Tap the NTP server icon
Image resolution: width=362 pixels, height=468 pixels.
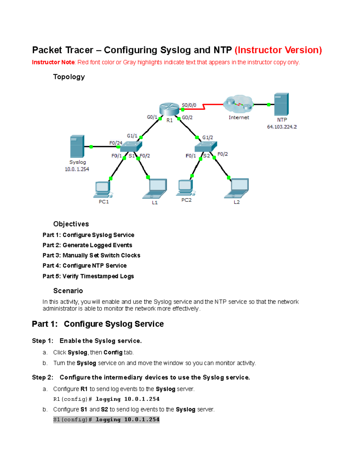point(281,104)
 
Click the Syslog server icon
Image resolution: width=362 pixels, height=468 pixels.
point(77,146)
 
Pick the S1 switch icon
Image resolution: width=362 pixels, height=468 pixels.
point(131,146)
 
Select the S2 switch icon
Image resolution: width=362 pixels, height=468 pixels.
point(206,146)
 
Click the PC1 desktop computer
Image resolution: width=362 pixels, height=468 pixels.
point(103,190)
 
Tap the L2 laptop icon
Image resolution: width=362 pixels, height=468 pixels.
point(237,188)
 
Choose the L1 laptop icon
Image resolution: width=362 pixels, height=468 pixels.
point(155,189)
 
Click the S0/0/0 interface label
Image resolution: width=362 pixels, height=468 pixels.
point(189,105)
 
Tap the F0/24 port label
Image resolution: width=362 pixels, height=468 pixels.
point(116,143)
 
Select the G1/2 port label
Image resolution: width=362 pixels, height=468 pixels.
point(208,137)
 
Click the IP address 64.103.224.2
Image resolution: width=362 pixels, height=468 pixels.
point(282,127)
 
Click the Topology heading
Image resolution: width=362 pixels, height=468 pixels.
point(69,77)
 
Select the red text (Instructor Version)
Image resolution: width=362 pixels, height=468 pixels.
point(278,50)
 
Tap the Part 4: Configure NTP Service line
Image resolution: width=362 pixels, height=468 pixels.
point(84,265)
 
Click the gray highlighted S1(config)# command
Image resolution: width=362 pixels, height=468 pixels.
point(106,419)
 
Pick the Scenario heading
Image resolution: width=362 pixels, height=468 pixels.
point(68,291)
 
